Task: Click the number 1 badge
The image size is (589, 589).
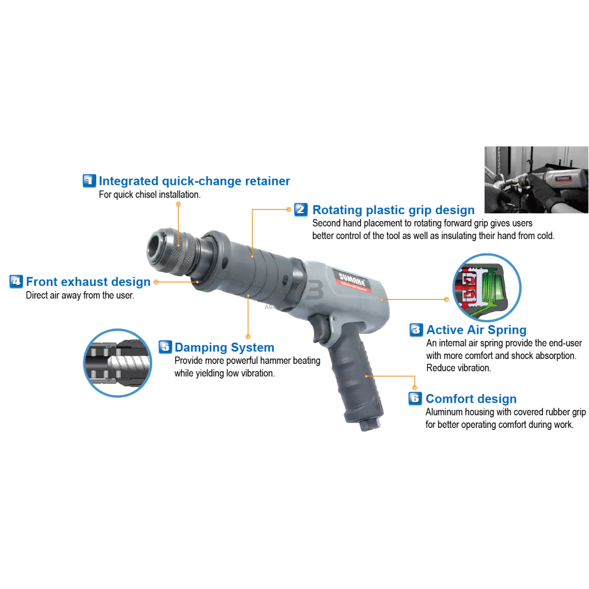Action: pos(89,180)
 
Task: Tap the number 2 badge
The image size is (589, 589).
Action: pos(301,210)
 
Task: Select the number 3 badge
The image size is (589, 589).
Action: pos(416,330)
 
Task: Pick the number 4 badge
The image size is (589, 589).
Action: pos(16,281)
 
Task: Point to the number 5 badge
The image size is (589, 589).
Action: pos(165,347)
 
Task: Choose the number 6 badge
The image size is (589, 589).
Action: pos(415,399)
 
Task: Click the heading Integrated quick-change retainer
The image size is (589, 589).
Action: pos(194,181)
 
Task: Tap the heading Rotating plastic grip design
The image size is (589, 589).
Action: pos(393,210)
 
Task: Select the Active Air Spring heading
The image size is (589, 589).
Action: pos(476,330)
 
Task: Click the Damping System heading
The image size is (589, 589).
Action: pos(224,348)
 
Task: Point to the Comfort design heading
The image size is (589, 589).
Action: pos(471,399)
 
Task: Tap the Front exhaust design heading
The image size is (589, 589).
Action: pos(88,282)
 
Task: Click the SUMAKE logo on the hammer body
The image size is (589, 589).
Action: pos(353,282)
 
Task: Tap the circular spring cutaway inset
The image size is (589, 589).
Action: pos(118,363)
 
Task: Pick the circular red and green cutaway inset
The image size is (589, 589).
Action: pos(487,288)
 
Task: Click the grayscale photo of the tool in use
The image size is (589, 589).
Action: pos(536,179)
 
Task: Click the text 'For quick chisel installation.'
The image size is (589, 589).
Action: pos(150,194)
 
